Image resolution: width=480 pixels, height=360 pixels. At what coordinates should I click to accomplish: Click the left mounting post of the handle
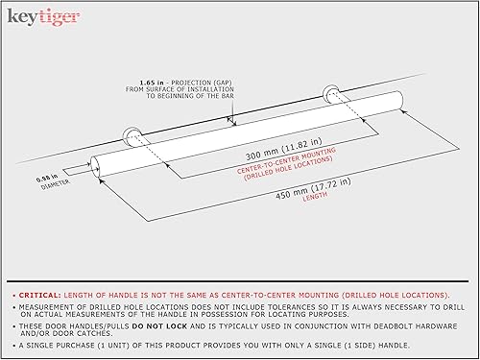point(132,135)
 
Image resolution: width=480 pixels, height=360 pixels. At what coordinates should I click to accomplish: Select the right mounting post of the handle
point(332,95)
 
